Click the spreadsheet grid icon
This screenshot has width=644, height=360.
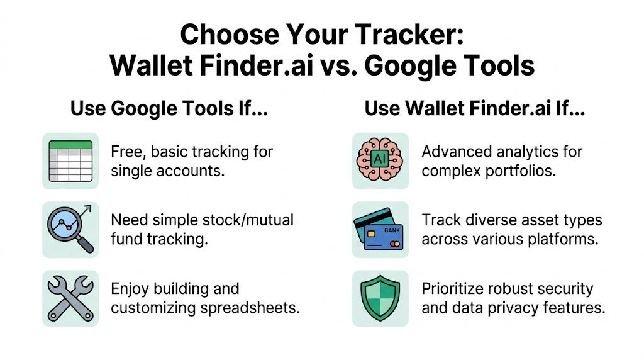[x=70, y=161]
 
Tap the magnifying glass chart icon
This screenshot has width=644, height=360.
[x=70, y=229]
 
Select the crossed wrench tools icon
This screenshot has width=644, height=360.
[x=70, y=298]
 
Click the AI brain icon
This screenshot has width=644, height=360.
[x=380, y=161]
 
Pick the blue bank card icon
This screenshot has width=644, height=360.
[x=380, y=230]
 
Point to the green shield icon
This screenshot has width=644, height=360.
[x=380, y=298]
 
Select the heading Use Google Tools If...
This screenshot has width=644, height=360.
[x=169, y=108]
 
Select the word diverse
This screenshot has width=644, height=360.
[x=491, y=220]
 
